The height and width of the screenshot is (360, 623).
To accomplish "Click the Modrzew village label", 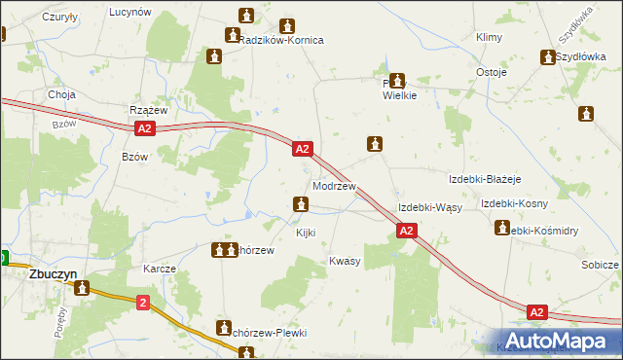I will pyautogui.click(x=334, y=186).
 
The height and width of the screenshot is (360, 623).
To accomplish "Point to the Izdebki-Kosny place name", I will pyautogui.click(x=514, y=203).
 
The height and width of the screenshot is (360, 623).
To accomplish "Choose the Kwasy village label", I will pyautogui.click(x=345, y=261).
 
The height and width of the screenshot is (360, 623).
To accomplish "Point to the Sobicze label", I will pyautogui.click(x=600, y=265).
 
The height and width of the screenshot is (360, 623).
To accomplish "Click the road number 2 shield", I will pyautogui.click(x=143, y=304).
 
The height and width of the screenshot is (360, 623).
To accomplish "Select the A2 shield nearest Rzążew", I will pyautogui.click(x=144, y=128).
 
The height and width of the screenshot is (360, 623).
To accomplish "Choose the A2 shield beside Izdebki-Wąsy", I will pyautogui.click(x=407, y=231).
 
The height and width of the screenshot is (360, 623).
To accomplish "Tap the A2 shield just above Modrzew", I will pyautogui.click(x=302, y=149).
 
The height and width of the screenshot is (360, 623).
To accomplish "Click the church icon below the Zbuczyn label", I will pyautogui.click(x=83, y=288).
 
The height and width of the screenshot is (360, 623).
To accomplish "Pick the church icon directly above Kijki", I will pyautogui.click(x=302, y=204).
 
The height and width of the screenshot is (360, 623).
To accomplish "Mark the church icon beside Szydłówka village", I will pyautogui.click(x=547, y=57).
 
